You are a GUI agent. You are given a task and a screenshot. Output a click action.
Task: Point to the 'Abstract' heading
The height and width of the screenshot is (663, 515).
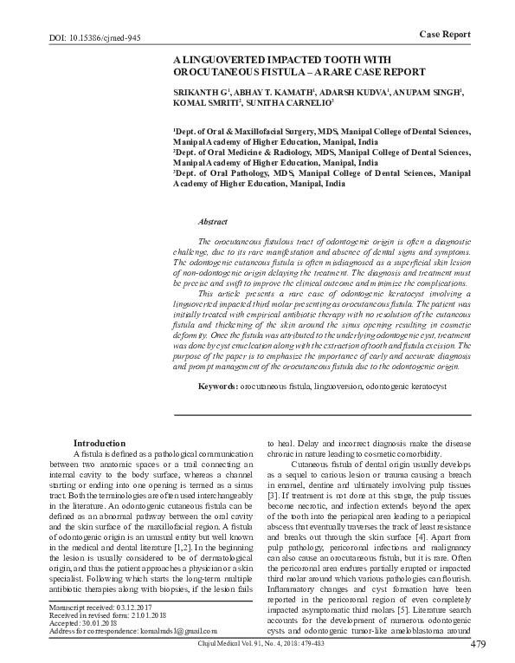[x=213, y=223]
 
